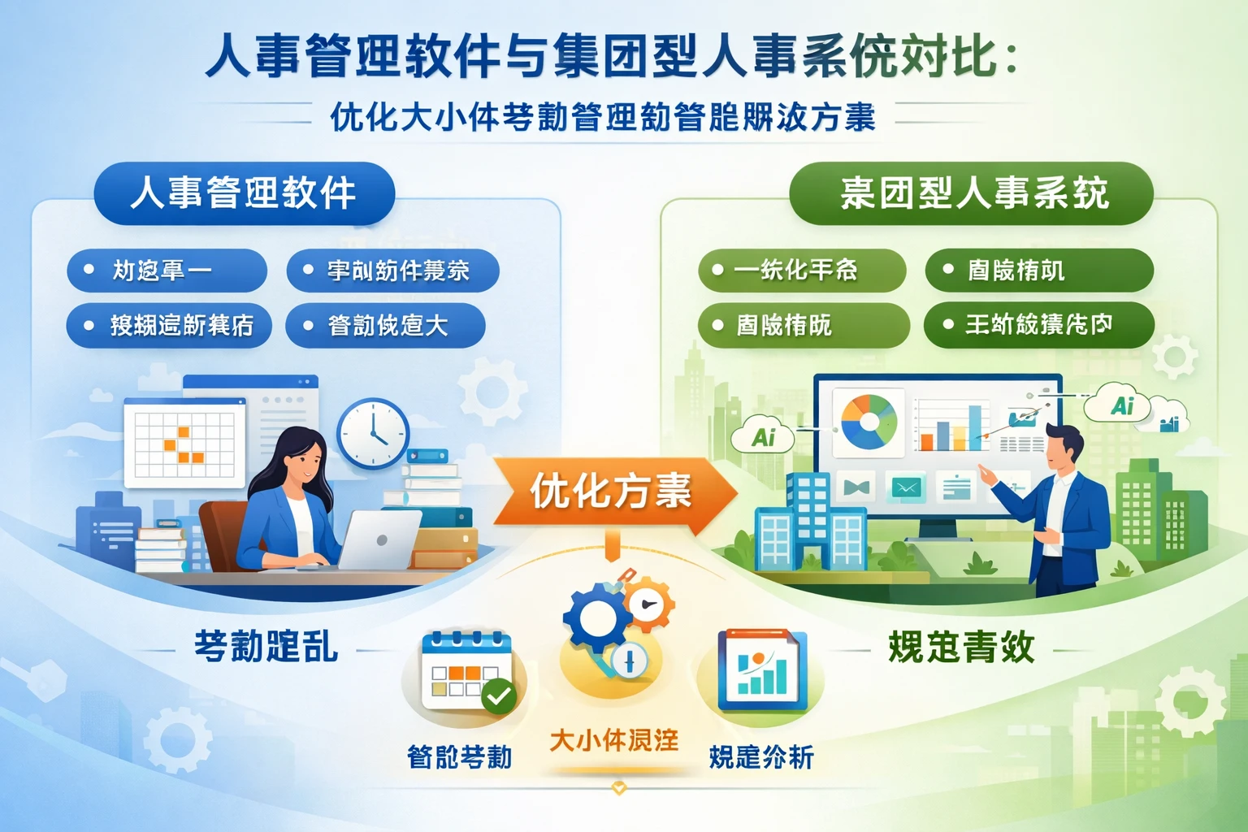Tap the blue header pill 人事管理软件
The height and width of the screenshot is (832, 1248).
tap(244, 193)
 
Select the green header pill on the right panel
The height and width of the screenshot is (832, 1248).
tap(972, 193)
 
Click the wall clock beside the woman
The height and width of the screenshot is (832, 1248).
tap(373, 433)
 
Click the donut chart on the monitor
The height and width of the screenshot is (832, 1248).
tap(868, 421)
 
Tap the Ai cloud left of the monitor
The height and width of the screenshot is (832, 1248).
tap(764, 437)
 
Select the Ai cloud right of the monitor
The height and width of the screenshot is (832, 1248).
tap(1123, 405)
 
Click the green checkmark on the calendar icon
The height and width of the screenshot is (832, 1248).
tap(498, 695)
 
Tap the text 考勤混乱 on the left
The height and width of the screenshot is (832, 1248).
tap(266, 648)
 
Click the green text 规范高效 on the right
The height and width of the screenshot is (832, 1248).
tap(961, 648)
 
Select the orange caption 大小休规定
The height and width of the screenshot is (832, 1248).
tap(613, 740)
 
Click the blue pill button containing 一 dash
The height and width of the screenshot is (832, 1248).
tap(167, 271)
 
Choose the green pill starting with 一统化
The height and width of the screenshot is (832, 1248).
tap(801, 271)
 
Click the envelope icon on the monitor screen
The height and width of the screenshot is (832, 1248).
tap(905, 487)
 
